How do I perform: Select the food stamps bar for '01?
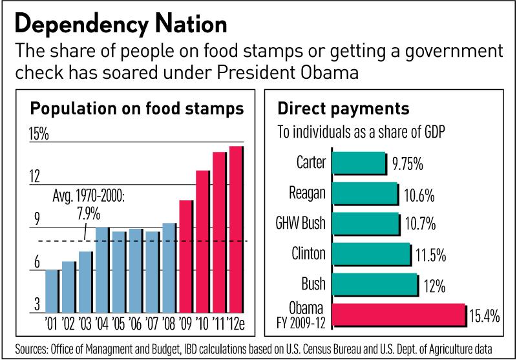(52, 291)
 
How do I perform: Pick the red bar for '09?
(186, 256)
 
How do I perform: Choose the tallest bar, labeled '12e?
(237, 229)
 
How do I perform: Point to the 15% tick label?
(39, 134)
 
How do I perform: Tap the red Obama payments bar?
(398, 315)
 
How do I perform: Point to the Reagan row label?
(308, 193)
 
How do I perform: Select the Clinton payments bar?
(371, 254)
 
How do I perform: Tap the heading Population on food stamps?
(138, 108)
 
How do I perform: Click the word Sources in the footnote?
(32, 348)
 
